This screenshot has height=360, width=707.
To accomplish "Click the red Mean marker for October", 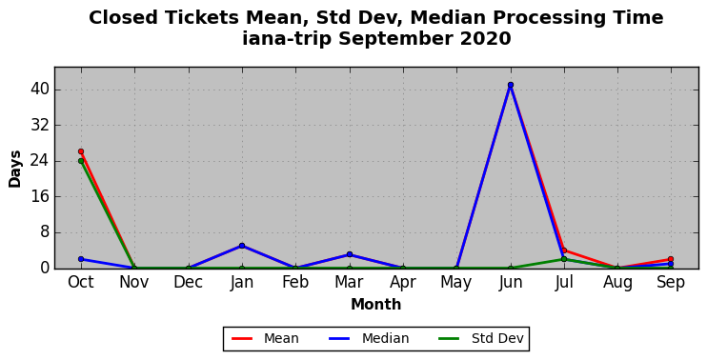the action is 81,151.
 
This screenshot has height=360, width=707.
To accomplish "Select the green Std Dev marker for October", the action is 81,161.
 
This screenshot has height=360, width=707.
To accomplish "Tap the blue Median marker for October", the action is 81,259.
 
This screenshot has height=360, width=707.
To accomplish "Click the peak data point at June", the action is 511,85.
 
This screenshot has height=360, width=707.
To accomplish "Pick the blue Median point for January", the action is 242,246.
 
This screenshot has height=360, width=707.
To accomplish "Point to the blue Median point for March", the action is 350,254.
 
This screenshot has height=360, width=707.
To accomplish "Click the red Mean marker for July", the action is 564,250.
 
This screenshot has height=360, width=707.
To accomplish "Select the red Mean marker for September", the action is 671,259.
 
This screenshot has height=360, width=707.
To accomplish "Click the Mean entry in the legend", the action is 265,338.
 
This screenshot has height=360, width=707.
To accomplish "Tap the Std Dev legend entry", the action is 480,338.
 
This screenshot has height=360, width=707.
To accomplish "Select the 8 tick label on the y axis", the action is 44,233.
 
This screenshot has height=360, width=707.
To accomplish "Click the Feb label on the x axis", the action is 295,283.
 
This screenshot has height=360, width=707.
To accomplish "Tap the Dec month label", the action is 188,283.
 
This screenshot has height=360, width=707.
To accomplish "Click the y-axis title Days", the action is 15,169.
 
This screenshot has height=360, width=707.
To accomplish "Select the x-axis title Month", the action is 376,304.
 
